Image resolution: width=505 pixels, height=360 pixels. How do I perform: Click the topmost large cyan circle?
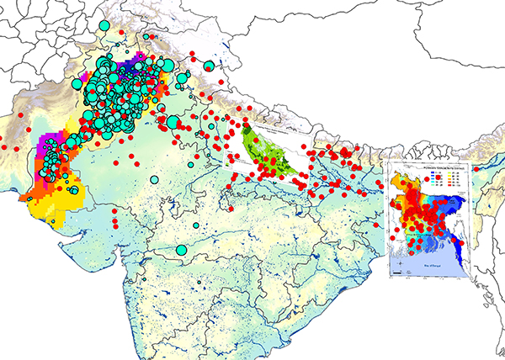[x=104, y=25]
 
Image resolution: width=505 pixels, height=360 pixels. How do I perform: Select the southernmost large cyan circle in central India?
[x=181, y=250]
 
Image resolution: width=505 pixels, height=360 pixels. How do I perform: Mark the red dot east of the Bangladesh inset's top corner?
[x=476, y=171]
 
